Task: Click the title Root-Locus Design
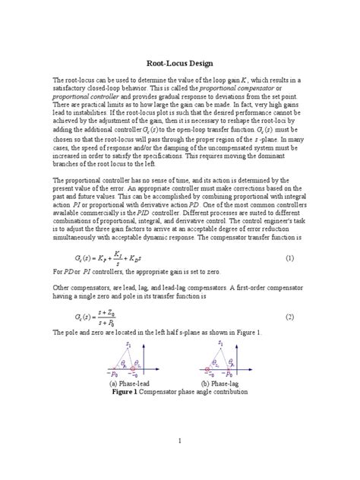tap(179, 64)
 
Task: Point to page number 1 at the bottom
tap(179, 440)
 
